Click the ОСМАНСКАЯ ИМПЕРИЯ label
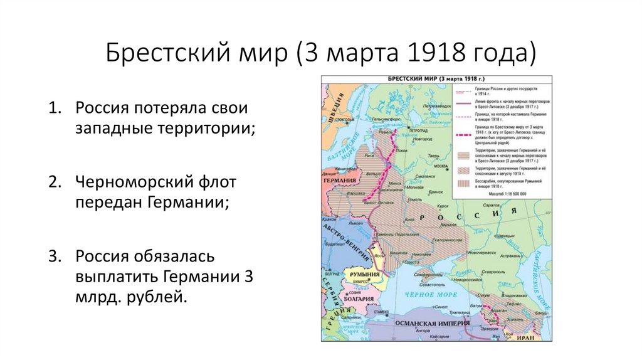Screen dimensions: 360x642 coord(432,323)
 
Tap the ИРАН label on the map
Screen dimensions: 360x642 coord(525,336)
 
